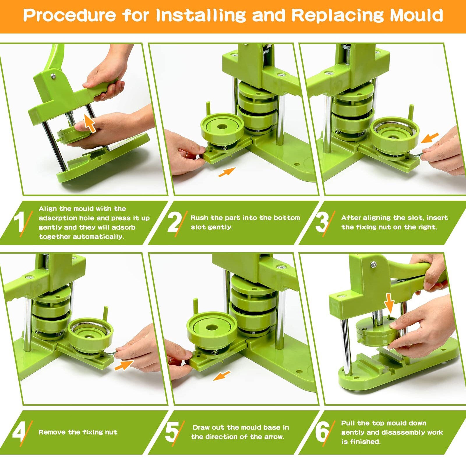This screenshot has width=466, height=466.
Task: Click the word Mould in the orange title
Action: pos(416,15)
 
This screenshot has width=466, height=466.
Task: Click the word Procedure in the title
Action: pos(69,15)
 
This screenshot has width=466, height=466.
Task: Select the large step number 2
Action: pos(174,222)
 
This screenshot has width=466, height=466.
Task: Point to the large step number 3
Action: pos(322,222)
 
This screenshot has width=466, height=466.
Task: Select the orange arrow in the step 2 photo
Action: pos(227,172)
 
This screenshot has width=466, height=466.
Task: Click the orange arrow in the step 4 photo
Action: pos(124,365)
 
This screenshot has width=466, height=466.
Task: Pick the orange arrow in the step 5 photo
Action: pos(222,376)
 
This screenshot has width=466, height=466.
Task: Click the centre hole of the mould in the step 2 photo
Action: pos(222,127)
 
